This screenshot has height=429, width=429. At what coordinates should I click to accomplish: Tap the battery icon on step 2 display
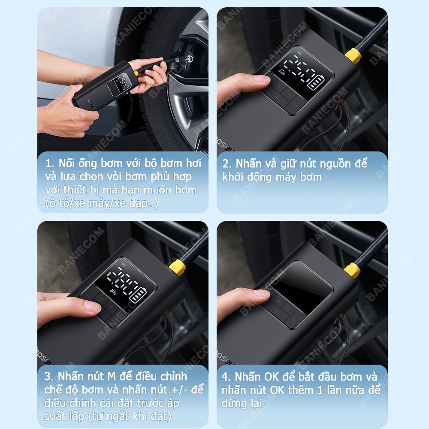click(317, 83)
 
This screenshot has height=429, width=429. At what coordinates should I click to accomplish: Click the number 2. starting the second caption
click(227, 163)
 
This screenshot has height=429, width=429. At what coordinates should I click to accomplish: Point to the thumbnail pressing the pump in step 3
click(92, 306)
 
